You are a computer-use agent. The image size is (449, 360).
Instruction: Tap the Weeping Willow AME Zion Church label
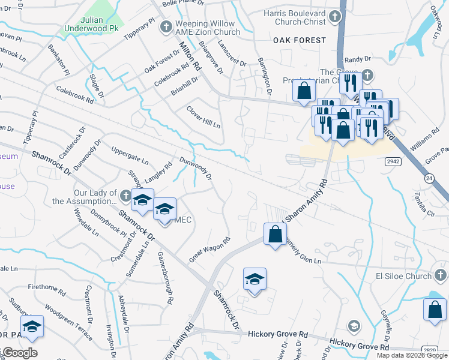[207, 28]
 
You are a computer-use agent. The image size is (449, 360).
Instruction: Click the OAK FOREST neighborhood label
[300, 40]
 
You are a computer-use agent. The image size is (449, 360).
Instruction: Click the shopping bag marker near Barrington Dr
[304, 92]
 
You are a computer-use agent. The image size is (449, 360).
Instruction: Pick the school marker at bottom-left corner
[32, 326]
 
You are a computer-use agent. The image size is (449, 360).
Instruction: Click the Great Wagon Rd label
[210, 249]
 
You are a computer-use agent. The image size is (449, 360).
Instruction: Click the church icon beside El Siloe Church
[441, 276]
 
